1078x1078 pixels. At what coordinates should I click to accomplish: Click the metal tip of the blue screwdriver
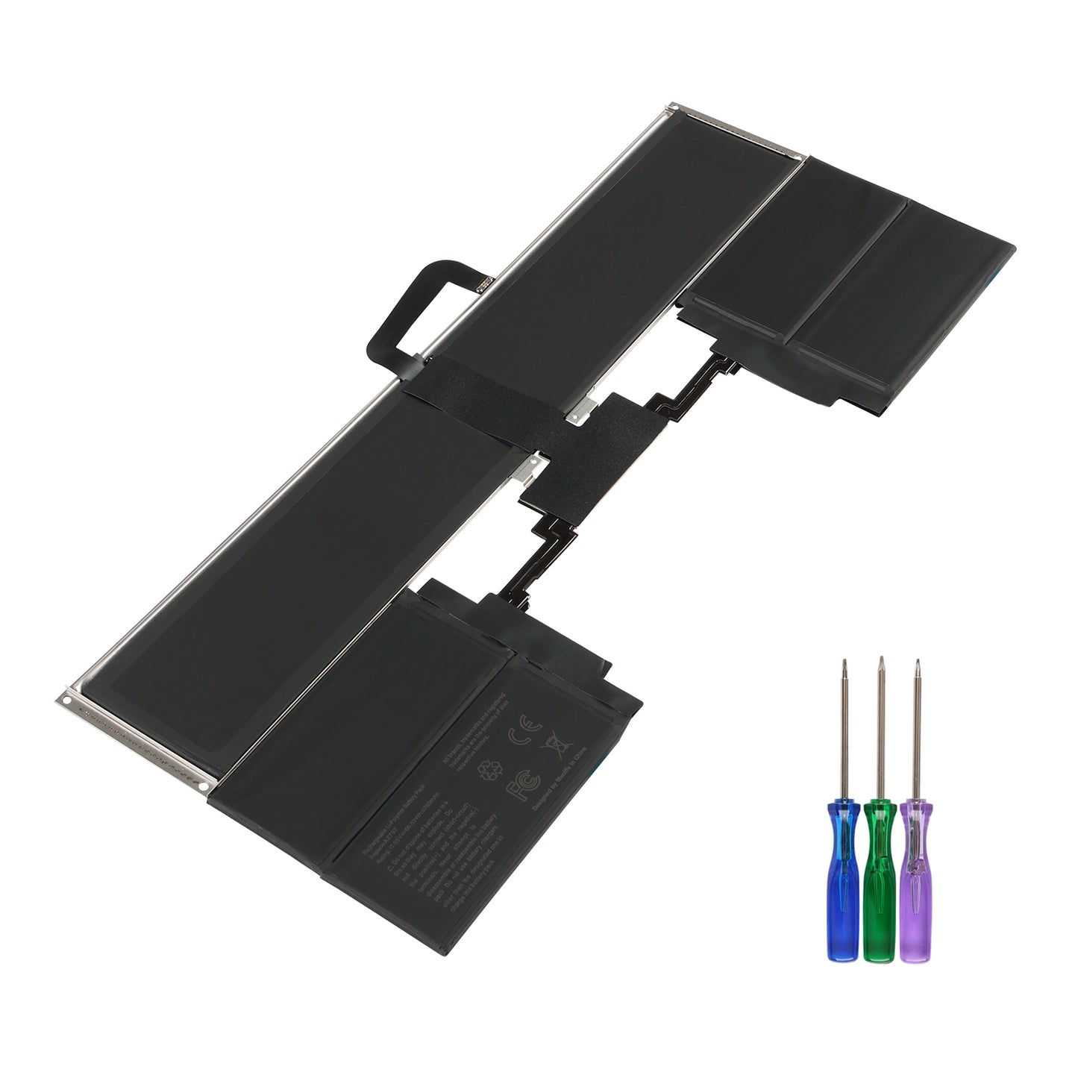(x=845, y=666)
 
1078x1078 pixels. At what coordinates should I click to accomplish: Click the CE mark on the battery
(x=519, y=736)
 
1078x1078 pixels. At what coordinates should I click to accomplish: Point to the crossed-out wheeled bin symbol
(x=554, y=744)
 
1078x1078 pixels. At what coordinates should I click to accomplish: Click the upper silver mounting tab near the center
(x=583, y=410)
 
